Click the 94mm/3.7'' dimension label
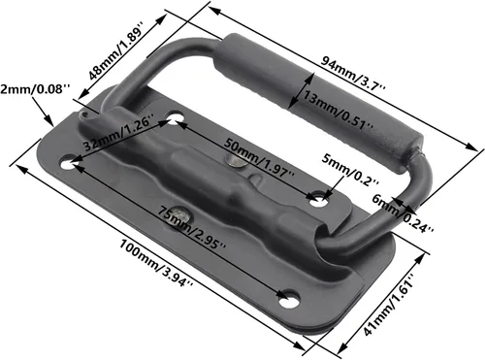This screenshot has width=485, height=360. tap(353, 75)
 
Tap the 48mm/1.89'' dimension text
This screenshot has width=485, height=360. tap(115, 50)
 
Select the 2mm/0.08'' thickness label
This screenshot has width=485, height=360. tap(35, 89)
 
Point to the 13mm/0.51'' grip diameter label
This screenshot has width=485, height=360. tap(339, 110)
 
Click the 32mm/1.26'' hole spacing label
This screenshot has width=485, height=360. tap(117, 133)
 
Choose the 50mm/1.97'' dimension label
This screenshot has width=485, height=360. tap(259, 157)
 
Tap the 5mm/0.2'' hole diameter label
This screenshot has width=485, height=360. tap(350, 170)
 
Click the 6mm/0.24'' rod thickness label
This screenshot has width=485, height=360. tap(403, 213)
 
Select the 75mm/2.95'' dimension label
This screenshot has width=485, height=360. tap(191, 228)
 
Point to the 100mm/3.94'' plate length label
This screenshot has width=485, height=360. tap(156, 263)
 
